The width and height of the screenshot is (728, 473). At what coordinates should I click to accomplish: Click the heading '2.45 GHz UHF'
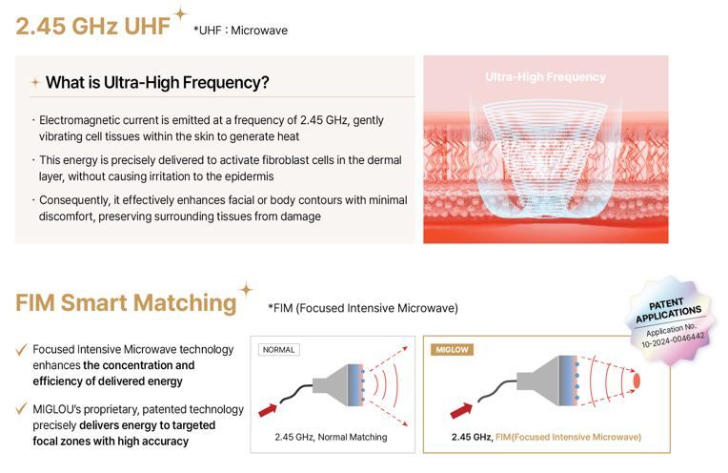92,26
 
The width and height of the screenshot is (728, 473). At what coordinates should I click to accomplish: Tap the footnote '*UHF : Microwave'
240,31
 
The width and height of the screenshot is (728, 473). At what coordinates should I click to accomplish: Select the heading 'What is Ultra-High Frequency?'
157,83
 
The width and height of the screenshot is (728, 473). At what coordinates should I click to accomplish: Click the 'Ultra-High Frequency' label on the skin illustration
546,77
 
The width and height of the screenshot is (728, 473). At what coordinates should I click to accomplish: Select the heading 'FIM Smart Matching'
127,302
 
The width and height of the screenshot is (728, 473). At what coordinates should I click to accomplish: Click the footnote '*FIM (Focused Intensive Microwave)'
363,308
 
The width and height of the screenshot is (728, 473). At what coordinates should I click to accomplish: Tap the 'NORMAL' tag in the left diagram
278,349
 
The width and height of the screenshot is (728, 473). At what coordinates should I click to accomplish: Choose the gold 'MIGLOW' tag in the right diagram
453,349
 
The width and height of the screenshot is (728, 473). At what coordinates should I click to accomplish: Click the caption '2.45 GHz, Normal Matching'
331,437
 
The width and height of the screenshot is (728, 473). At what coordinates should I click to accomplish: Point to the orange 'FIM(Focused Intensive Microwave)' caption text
568,437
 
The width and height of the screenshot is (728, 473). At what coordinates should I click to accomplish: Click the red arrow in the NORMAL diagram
268,410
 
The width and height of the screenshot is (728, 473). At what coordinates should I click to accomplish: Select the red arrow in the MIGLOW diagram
461,410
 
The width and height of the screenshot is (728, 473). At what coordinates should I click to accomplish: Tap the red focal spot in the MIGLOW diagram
637,380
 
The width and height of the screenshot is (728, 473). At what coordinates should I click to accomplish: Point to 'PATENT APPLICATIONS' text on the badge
668,310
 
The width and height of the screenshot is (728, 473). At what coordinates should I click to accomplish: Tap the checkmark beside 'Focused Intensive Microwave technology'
21,349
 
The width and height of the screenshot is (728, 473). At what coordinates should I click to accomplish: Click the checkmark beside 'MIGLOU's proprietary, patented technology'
21,408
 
